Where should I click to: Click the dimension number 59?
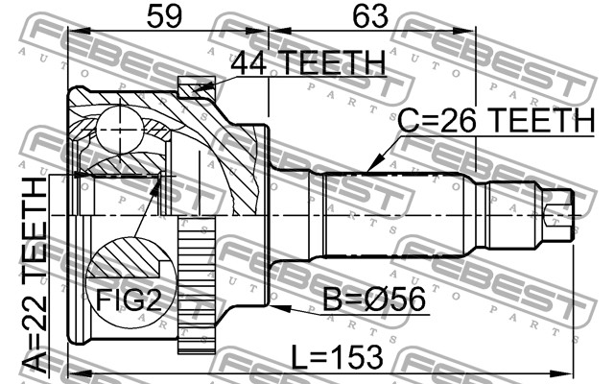pyautogui.click(x=164, y=16)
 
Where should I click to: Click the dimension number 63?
pyautogui.click(x=370, y=16)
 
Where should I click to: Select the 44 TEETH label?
pyautogui.click(x=308, y=62)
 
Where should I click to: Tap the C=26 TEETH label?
pyautogui.click(x=496, y=120)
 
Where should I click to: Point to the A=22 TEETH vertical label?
pyautogui.click(x=35, y=275)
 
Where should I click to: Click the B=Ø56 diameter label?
pyautogui.click(x=373, y=300)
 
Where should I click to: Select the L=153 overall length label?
pyautogui.click(x=338, y=357)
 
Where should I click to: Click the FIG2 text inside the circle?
pyautogui.click(x=129, y=300)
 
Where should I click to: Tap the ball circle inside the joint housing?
pyautogui.click(x=119, y=130)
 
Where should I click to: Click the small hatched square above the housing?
pyautogui.click(x=196, y=87)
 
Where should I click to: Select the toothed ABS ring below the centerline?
pyautogui.click(x=197, y=285)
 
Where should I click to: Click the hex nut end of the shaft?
pyautogui.click(x=559, y=214)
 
